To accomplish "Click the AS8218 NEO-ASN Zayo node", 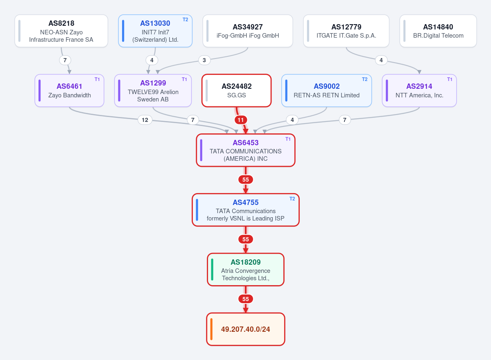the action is pos(61,31).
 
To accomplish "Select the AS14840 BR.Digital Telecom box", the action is pos(438,31).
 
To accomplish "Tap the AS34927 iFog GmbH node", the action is pos(248,31).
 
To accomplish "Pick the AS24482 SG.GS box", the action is pos(236,90).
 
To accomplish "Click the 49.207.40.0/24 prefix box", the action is pos(246,329).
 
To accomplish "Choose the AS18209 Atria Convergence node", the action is pos(246,270).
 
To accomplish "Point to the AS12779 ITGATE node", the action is pos(346,31).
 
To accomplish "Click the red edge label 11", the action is pos(240,120).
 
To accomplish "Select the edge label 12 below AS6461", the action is pos(145,120).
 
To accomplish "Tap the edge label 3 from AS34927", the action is pos(204,60).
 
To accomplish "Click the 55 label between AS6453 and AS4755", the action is pos(246,180).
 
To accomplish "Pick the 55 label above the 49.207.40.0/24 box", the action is pos(246,299).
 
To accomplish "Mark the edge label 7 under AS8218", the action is pos(65,60).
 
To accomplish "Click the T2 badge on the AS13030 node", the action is pos(186,20).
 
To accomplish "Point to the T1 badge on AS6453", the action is pos(288,139).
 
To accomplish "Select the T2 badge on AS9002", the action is pos(364,79).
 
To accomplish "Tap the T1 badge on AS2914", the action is pos(450,79).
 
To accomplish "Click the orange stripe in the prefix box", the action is pos(211,329).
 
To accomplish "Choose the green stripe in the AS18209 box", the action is pos(212,270).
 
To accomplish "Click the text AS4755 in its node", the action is pos(246,202).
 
